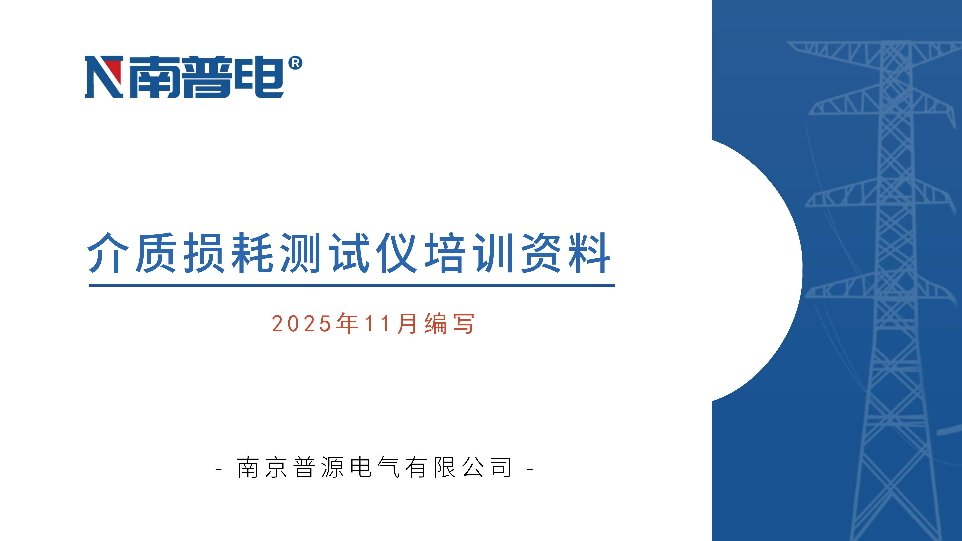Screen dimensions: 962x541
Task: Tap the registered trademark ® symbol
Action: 295,63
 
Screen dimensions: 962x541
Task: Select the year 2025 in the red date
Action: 301,323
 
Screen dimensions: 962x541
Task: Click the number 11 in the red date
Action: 378,323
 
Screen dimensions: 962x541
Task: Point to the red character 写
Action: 463,323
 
